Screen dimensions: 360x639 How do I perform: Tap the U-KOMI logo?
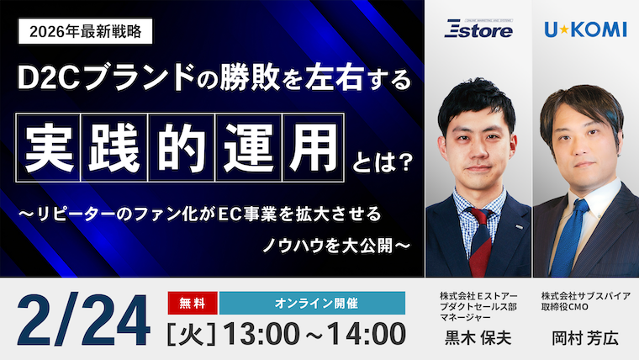pos(585,30)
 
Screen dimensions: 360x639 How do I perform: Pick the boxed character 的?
pos(181,136)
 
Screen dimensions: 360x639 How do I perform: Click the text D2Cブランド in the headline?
pos(102,81)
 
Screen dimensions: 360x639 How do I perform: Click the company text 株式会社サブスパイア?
pos(585,297)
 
